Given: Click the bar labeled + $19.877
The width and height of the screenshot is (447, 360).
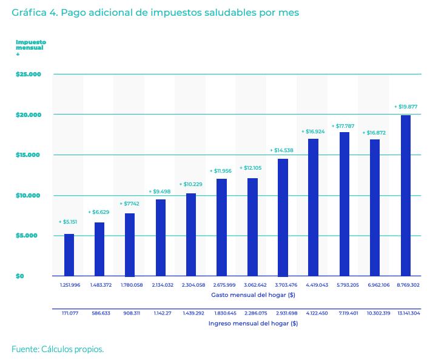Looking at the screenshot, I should pos(406,195).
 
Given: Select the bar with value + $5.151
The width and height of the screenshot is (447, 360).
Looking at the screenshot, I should pos(69,255).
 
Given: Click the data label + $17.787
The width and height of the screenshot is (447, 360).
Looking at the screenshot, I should pos(344,126).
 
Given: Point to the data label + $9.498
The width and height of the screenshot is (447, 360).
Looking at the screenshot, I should pos(160,192).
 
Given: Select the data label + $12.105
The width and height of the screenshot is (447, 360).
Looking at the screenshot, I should pos(252,168).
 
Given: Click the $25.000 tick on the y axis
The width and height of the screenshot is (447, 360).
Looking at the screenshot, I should pos(29,74).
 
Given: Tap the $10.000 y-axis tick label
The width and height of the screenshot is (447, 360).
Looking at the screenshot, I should pos(29,195).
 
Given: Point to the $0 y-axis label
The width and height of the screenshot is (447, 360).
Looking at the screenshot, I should pos(21,276).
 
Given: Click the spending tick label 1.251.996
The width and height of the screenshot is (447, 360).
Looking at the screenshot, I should pos(69,284).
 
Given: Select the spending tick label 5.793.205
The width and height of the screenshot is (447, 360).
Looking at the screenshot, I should pos(344,284).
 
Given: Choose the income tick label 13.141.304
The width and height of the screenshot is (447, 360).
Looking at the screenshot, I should pos(406,313).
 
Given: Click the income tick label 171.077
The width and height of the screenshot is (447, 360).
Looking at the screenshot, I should pos(69,313).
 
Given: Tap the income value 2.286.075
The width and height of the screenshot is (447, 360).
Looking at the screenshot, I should pos(252,313).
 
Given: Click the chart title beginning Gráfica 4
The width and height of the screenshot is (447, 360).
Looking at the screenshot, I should pos(155,12).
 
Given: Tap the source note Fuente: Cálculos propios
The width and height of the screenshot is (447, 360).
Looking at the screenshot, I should pos(58,348).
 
